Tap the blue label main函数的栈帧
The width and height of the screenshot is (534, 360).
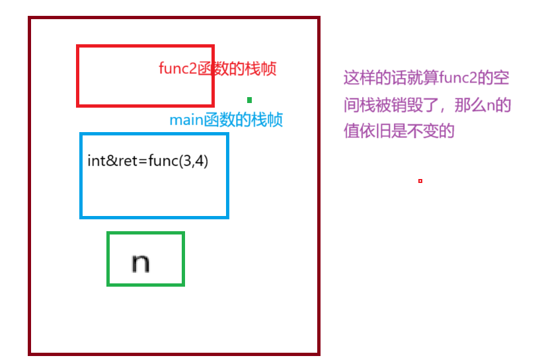(226, 120)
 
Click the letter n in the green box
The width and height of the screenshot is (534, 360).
(140, 262)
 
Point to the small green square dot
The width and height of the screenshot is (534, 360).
(249, 100)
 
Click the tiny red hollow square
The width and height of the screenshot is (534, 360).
(420, 181)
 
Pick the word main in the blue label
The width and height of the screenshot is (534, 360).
(186, 120)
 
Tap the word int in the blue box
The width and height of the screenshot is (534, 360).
(95, 161)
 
